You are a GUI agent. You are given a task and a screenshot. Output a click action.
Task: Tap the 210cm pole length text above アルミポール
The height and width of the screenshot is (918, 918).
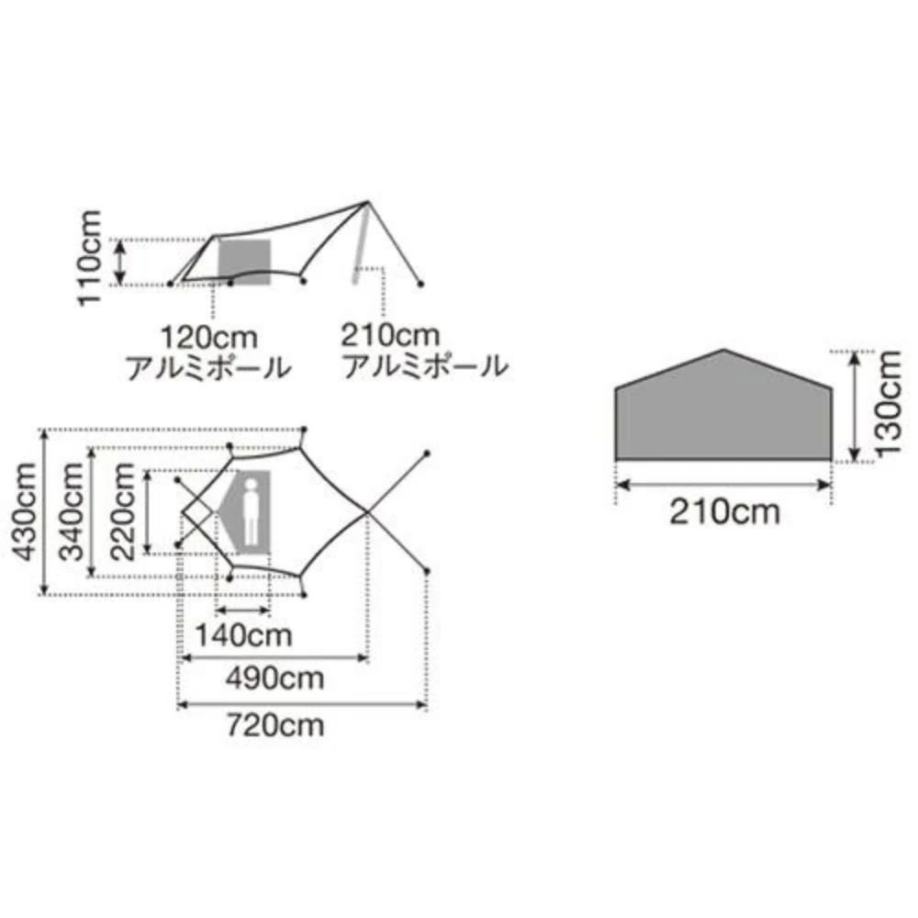(390, 335)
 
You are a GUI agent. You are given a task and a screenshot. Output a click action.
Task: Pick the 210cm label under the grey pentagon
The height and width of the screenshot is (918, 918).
(724, 510)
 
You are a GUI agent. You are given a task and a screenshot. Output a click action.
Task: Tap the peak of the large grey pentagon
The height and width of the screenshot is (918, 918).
(724, 351)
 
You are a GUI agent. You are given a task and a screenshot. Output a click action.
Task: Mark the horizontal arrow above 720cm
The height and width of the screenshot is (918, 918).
(302, 705)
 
